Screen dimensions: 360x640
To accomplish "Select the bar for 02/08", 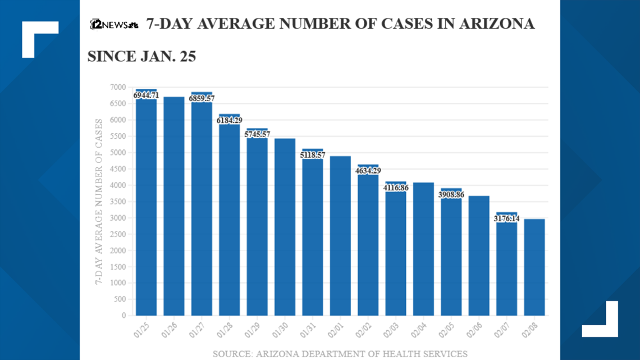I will [x=534, y=267].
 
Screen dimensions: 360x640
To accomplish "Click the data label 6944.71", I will [x=146, y=95].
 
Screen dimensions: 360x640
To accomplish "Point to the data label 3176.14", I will [x=506, y=218].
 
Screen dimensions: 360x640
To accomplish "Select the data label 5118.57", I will [x=313, y=155].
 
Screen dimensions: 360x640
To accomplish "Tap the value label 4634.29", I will [x=368, y=171].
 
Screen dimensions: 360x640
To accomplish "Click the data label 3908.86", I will [x=451, y=194].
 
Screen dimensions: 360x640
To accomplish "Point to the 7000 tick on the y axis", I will [x=118, y=87].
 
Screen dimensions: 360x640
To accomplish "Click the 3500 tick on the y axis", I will [x=118, y=202].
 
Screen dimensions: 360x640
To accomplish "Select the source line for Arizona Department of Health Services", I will [x=340, y=354].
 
